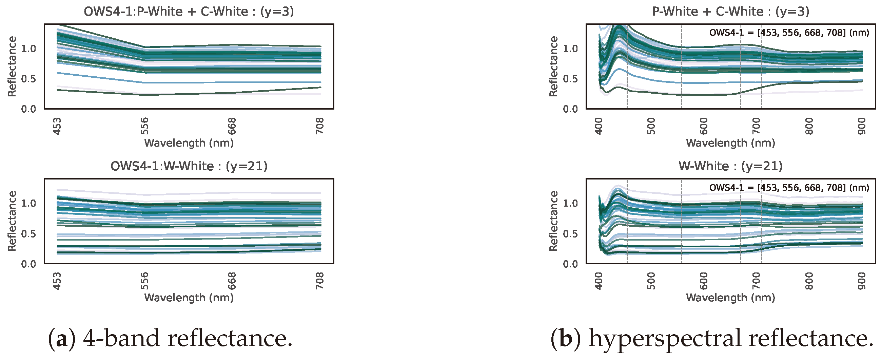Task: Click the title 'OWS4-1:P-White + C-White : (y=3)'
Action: (189, 12)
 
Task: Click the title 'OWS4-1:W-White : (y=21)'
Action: (189, 166)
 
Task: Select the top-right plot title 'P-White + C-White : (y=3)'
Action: (730, 12)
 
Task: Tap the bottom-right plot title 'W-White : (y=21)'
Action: (730, 166)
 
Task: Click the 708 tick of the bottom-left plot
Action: (320, 281)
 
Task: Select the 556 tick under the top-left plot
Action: (145, 126)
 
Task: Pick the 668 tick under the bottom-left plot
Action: (232, 281)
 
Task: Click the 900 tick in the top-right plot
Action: (862, 126)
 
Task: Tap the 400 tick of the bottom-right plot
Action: (599, 281)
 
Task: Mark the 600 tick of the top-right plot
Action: (704, 126)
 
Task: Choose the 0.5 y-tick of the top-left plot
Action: (28, 79)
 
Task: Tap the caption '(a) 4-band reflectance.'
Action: (170, 338)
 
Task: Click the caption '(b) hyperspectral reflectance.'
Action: (712, 338)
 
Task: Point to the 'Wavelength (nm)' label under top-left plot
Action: (189, 143)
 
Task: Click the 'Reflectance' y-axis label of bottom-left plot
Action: (12, 221)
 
